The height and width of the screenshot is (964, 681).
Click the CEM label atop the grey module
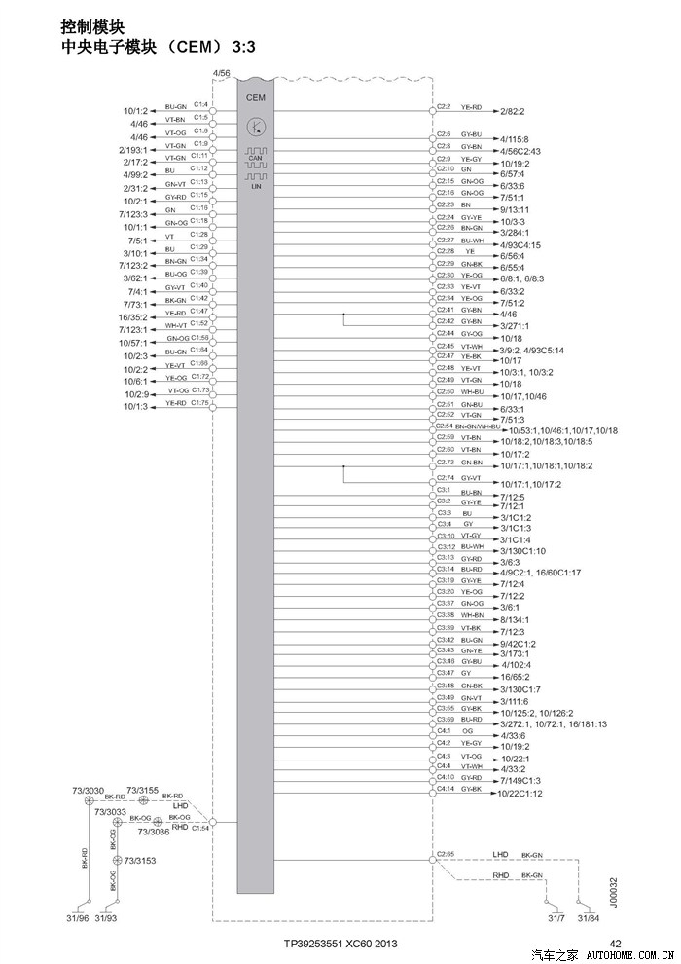pyautogui.click(x=255, y=97)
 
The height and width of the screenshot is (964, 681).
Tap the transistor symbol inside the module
pyautogui.click(x=256, y=127)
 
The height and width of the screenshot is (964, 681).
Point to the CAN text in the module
pyautogui.click(x=255, y=158)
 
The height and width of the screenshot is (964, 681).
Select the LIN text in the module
pyautogui.click(x=256, y=186)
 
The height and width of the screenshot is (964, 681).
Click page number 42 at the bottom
pyautogui.click(x=615, y=944)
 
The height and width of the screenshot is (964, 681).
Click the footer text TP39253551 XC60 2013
pyautogui.click(x=340, y=944)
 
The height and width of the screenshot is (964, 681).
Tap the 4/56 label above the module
pyautogui.click(x=221, y=74)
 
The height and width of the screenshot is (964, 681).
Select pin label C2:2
pyautogui.click(x=444, y=105)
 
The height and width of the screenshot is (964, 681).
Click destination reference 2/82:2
pyautogui.click(x=518, y=112)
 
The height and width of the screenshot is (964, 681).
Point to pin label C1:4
pyautogui.click(x=200, y=103)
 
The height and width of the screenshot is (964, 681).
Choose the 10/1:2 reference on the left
pyautogui.click(x=135, y=111)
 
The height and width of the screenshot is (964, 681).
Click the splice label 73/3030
pyautogui.click(x=88, y=790)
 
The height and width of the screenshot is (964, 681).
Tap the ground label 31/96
pyautogui.click(x=77, y=918)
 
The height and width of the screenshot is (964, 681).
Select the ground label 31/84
pyautogui.click(x=588, y=918)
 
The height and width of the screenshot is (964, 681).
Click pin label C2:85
pyautogui.click(x=446, y=854)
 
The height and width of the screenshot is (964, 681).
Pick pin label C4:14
pyautogui.click(x=445, y=787)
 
